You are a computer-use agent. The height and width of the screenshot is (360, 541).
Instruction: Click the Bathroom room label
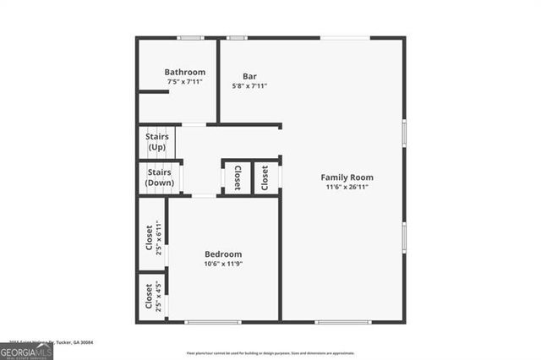pos(184,73)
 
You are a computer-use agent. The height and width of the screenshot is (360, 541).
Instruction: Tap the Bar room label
pos(249,75)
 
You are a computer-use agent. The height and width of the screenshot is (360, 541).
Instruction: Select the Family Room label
pos(347,177)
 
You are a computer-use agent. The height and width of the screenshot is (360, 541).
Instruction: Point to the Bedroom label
pos(223,254)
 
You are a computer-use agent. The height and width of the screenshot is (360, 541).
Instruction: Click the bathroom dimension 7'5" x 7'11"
pos(184,83)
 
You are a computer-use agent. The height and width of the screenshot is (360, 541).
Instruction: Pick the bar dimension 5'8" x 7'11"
pos(249,85)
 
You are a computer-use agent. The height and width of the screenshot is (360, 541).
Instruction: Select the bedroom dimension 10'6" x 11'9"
pos(223,264)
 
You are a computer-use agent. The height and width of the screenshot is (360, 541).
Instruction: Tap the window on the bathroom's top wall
pos(190,37)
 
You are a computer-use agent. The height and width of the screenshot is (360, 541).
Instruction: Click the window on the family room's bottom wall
pos(342,321)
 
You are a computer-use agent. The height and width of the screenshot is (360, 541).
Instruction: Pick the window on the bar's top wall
pos(237,37)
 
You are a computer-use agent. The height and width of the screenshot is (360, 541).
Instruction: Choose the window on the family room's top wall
pos(344,37)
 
